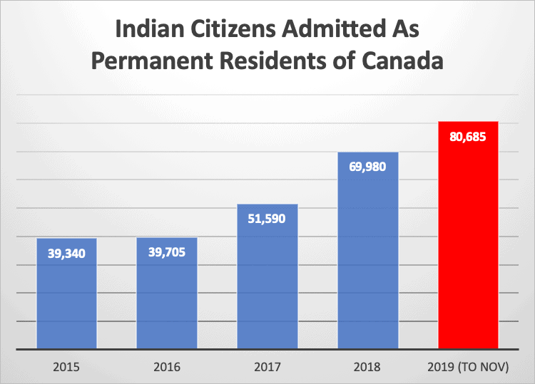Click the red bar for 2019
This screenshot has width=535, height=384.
click(x=468, y=235)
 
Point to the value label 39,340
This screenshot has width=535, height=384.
click(x=66, y=253)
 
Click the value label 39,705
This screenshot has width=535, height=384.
click(x=167, y=253)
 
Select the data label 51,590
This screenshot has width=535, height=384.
click(x=267, y=219)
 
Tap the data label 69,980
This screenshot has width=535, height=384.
click(x=367, y=167)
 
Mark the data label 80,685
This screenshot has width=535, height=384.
click(x=468, y=136)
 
